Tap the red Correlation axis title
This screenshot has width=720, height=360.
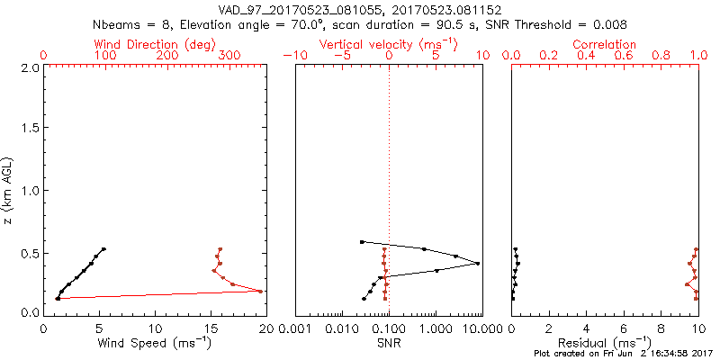point(605,44)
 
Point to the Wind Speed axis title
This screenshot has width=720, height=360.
point(156,344)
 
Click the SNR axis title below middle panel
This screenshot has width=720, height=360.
point(389,344)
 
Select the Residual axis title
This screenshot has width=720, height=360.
point(605,344)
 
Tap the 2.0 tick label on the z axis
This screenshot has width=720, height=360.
point(30,67)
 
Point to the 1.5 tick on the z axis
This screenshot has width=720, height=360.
point(30,129)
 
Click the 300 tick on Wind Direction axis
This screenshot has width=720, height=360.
point(229,56)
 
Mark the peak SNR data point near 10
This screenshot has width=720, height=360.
point(478,263)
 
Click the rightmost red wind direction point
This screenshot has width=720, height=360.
point(261,291)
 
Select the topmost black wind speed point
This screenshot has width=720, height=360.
point(104,249)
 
